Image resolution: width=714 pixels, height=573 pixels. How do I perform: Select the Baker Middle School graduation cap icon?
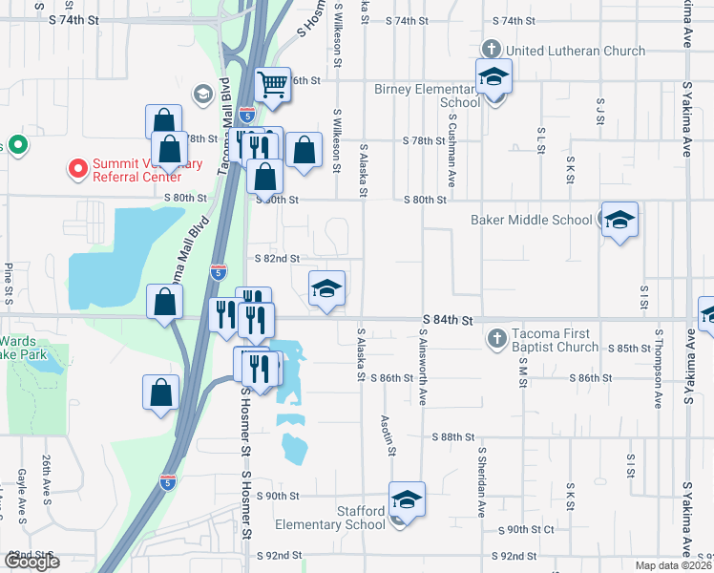(619, 222)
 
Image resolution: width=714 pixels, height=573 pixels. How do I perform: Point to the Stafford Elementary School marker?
(407, 499)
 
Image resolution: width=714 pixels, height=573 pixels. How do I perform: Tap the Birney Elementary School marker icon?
(494, 76)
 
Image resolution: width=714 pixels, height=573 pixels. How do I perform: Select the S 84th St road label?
(449, 323)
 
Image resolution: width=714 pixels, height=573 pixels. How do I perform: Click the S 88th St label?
(452, 437)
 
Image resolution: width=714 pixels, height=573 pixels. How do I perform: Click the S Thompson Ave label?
(659, 370)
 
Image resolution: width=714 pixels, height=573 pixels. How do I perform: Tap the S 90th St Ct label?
(526, 529)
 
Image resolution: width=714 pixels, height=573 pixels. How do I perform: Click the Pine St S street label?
(9, 279)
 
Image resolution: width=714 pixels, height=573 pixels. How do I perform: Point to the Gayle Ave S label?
(21, 497)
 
